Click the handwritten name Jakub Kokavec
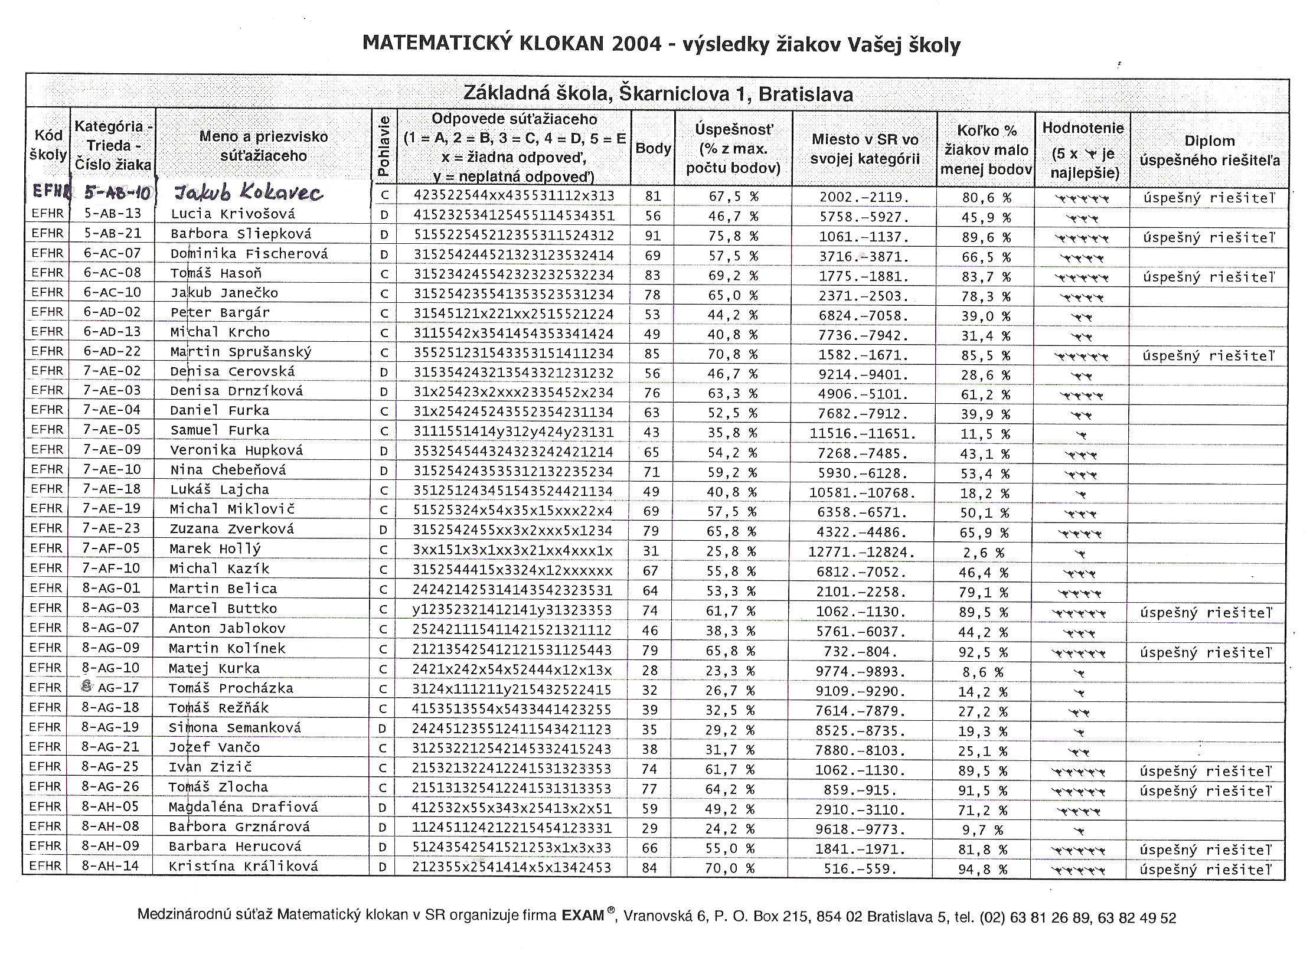click(247, 192)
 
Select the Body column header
click(652, 149)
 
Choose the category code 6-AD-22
click(112, 351)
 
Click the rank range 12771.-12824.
click(862, 553)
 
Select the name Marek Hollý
click(215, 549)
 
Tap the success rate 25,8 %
click(731, 552)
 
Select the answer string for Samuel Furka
click(513, 432)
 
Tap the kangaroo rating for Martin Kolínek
click(1081, 653)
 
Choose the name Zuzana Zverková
click(231, 529)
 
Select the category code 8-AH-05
click(110, 806)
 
